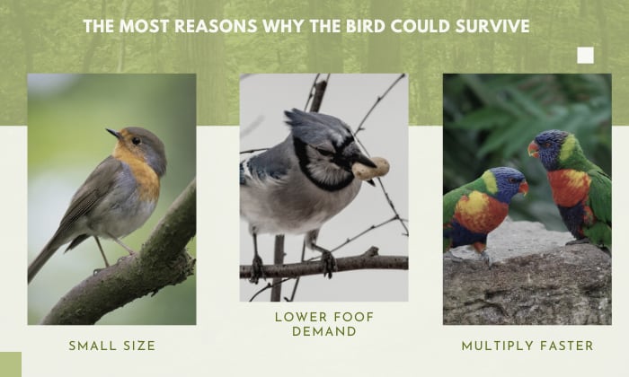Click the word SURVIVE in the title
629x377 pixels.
tap(492, 26)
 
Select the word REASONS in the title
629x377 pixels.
tap(217, 26)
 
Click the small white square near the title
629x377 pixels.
tap(585, 56)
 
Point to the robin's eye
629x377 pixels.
tap(136, 141)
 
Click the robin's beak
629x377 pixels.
tap(112, 133)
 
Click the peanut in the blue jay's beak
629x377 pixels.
tap(370, 169)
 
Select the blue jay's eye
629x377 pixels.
tap(324, 153)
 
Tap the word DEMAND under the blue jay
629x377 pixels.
tap(324, 331)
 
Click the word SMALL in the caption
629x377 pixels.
tap(93, 346)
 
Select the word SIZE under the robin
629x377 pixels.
tap(139, 346)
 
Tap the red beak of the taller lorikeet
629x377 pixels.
tap(534, 149)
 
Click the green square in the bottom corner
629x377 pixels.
tap(11, 364)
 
